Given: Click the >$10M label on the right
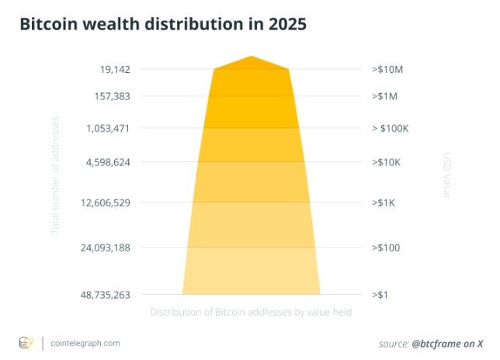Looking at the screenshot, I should point(387,70).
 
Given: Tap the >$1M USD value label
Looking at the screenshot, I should point(385,97).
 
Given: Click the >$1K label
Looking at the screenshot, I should point(384,202).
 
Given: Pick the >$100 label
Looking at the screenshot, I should point(385,247).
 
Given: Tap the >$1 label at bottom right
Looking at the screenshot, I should point(380,295).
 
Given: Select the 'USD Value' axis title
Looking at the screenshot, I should point(446,175).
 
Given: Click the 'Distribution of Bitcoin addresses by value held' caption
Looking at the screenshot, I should point(251,312).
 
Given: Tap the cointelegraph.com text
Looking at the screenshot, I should point(85,342).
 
